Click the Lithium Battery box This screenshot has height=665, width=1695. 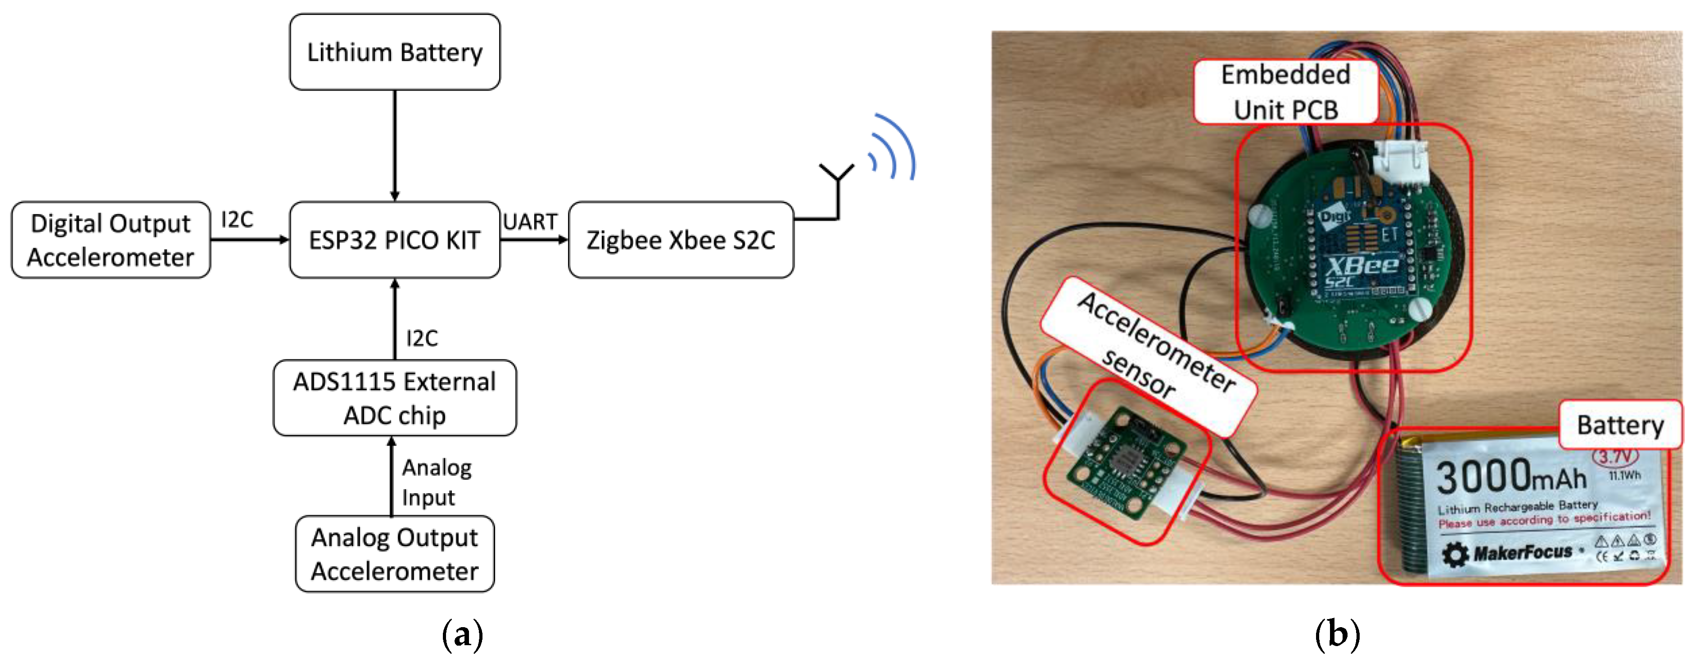394,52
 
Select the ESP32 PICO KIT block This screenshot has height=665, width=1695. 394,240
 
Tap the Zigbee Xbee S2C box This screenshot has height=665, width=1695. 681,240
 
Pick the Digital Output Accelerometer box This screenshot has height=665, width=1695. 111,240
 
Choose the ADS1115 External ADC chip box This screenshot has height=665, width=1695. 394,398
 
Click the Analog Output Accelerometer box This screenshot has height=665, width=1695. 394,554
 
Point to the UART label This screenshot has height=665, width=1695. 530,222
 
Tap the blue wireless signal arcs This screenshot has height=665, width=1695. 893,148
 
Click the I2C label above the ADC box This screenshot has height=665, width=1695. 422,338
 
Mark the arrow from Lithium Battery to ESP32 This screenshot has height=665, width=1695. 395,145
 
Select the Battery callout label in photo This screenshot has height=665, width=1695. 1619,425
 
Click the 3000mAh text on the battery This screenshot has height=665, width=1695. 1511,478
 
